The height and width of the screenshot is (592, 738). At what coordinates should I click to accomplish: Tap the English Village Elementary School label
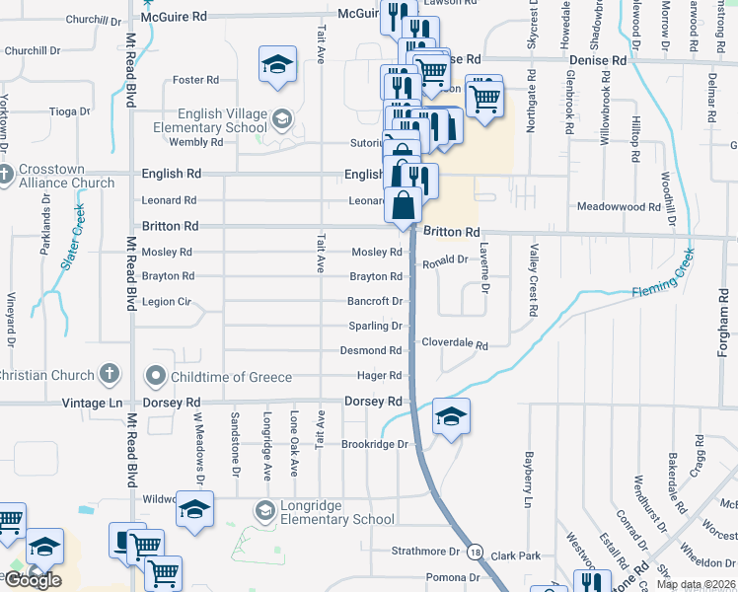click(207, 120)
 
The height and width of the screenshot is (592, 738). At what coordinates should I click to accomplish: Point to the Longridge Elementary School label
click(336, 512)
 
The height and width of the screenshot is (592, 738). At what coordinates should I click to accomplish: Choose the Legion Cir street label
click(167, 301)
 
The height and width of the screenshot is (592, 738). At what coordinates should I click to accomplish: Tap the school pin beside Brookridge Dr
click(451, 415)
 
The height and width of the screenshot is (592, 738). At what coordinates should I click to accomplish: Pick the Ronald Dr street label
click(445, 260)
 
